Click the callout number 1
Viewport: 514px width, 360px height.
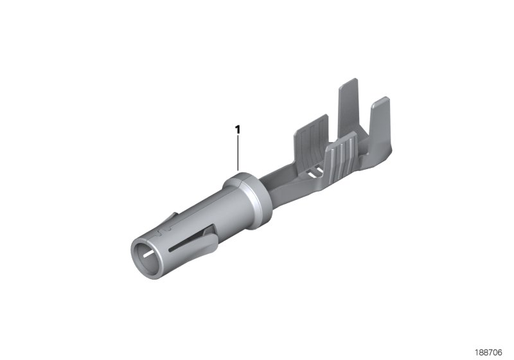[238, 129]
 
